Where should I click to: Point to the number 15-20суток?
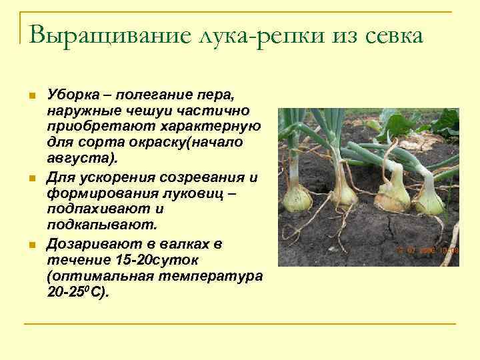tap(147, 259)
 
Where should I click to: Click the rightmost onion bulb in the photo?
tap(430, 200)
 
